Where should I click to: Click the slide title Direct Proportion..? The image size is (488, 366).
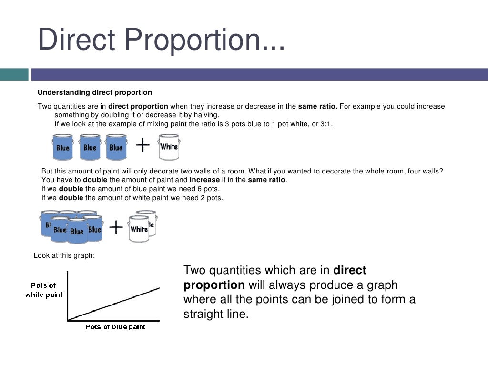pyautogui.click(x=161, y=41)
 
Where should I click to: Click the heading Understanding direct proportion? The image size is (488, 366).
pyautogui.click(x=95, y=92)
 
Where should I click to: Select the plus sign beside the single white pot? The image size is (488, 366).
pyautogui.click(x=143, y=145)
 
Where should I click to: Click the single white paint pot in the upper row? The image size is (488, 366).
pyautogui.click(x=169, y=147)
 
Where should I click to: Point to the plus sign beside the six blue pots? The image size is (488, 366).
pyautogui.click(x=116, y=228)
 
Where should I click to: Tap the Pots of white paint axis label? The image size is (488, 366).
pyautogui.click(x=44, y=290)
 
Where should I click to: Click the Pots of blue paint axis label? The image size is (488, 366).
pyautogui.click(x=115, y=327)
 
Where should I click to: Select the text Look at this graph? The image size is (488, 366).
pyautogui.click(x=64, y=255)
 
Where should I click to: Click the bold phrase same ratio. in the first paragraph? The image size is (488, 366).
pyautogui.click(x=317, y=106)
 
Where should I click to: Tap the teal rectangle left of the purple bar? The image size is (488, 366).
pyautogui.click(x=14, y=74)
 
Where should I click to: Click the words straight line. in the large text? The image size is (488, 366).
pyautogui.click(x=216, y=315)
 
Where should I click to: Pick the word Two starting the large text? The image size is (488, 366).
pyautogui.click(x=195, y=270)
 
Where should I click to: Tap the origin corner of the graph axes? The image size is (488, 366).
pyautogui.click(x=68, y=320)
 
